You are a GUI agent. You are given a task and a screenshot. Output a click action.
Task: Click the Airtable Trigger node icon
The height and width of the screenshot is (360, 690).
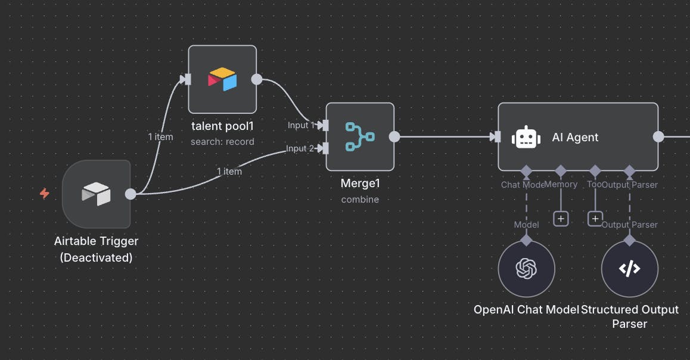pyautogui.click(x=96, y=194)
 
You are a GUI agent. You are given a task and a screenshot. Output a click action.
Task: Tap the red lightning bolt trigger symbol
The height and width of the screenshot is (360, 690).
pyautogui.click(x=45, y=193)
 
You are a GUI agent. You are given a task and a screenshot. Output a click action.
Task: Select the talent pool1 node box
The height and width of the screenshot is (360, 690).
pyautogui.click(x=222, y=79)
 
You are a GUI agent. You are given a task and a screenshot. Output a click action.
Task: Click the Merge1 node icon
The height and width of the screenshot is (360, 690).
pyautogui.click(x=360, y=136)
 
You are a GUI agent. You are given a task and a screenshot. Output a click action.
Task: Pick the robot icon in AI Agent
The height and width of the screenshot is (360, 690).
pyautogui.click(x=526, y=137)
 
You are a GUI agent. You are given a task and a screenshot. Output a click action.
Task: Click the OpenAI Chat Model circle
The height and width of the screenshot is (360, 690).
pyautogui.click(x=526, y=269)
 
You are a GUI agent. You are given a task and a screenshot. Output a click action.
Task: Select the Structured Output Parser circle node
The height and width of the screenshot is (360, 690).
pyautogui.click(x=629, y=269)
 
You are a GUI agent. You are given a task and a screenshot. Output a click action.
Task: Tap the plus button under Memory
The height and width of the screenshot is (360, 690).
pyautogui.click(x=560, y=219)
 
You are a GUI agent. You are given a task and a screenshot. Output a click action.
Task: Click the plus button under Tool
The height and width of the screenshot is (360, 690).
pyautogui.click(x=595, y=219)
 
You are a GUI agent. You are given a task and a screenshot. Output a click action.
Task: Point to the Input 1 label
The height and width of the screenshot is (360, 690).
pyautogui.click(x=301, y=125)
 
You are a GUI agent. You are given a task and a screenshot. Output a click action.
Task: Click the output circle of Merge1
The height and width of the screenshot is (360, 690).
pyautogui.click(x=394, y=136)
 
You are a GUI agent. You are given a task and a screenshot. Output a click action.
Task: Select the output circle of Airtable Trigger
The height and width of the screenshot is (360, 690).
pyautogui.click(x=130, y=194)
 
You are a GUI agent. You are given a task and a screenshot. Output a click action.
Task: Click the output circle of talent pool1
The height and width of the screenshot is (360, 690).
pyautogui.click(x=257, y=79)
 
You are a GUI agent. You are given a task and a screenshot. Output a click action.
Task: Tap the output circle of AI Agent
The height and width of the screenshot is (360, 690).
pyautogui.click(x=658, y=137)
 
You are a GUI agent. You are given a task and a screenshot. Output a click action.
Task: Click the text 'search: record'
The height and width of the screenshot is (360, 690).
pyautogui.click(x=222, y=142)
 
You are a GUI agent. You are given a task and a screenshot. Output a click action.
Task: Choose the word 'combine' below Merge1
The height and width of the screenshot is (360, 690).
pyautogui.click(x=360, y=200)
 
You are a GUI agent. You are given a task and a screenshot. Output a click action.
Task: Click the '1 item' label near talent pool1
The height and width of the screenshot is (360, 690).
pyautogui.click(x=161, y=136)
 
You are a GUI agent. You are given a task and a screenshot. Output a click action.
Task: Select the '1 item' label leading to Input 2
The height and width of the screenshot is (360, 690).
pyautogui.click(x=229, y=171)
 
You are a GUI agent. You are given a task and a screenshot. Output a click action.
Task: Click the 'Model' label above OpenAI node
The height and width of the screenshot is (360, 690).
pyautogui.click(x=527, y=225)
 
